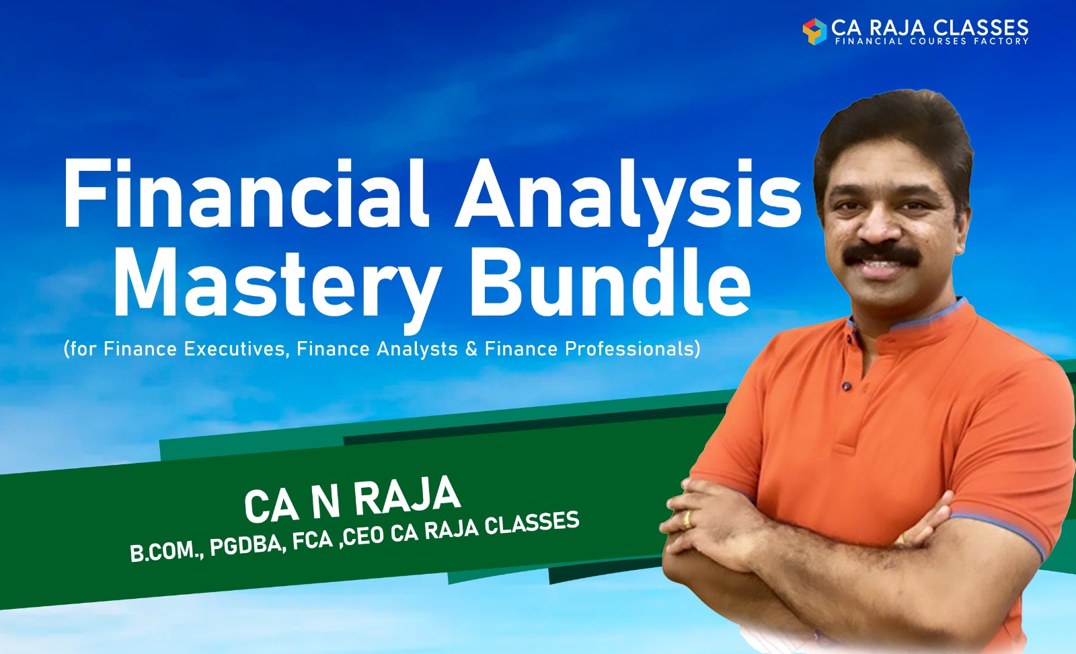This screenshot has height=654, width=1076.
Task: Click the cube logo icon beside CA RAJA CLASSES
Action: coord(814,31)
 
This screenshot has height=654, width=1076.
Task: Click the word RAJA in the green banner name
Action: coord(406,498)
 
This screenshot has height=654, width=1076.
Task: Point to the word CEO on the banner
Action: coord(364,536)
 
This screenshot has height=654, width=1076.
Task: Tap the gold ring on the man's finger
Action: coord(687,518)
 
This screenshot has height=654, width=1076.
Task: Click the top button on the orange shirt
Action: coord(845,386)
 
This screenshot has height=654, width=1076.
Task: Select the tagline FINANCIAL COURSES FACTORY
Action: coord(931,42)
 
